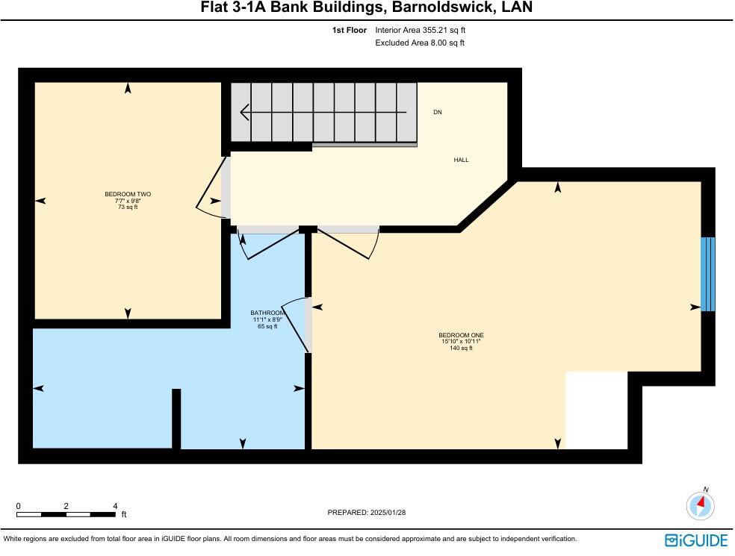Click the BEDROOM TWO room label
(x=128, y=194)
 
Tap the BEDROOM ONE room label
(x=456, y=335)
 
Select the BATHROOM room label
(x=267, y=313)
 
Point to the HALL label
(x=462, y=160)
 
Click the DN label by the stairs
(x=438, y=112)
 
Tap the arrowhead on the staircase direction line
(x=244, y=113)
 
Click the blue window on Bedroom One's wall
(x=708, y=274)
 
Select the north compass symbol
(x=701, y=505)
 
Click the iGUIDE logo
(x=696, y=540)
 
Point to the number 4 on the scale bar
(x=114, y=506)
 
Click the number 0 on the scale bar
(x=18, y=506)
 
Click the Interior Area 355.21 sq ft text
(x=421, y=31)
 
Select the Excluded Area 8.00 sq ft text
(x=420, y=43)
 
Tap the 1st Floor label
(x=349, y=31)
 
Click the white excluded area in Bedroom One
(x=596, y=410)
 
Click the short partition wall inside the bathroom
(x=176, y=419)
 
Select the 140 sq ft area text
(x=456, y=349)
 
